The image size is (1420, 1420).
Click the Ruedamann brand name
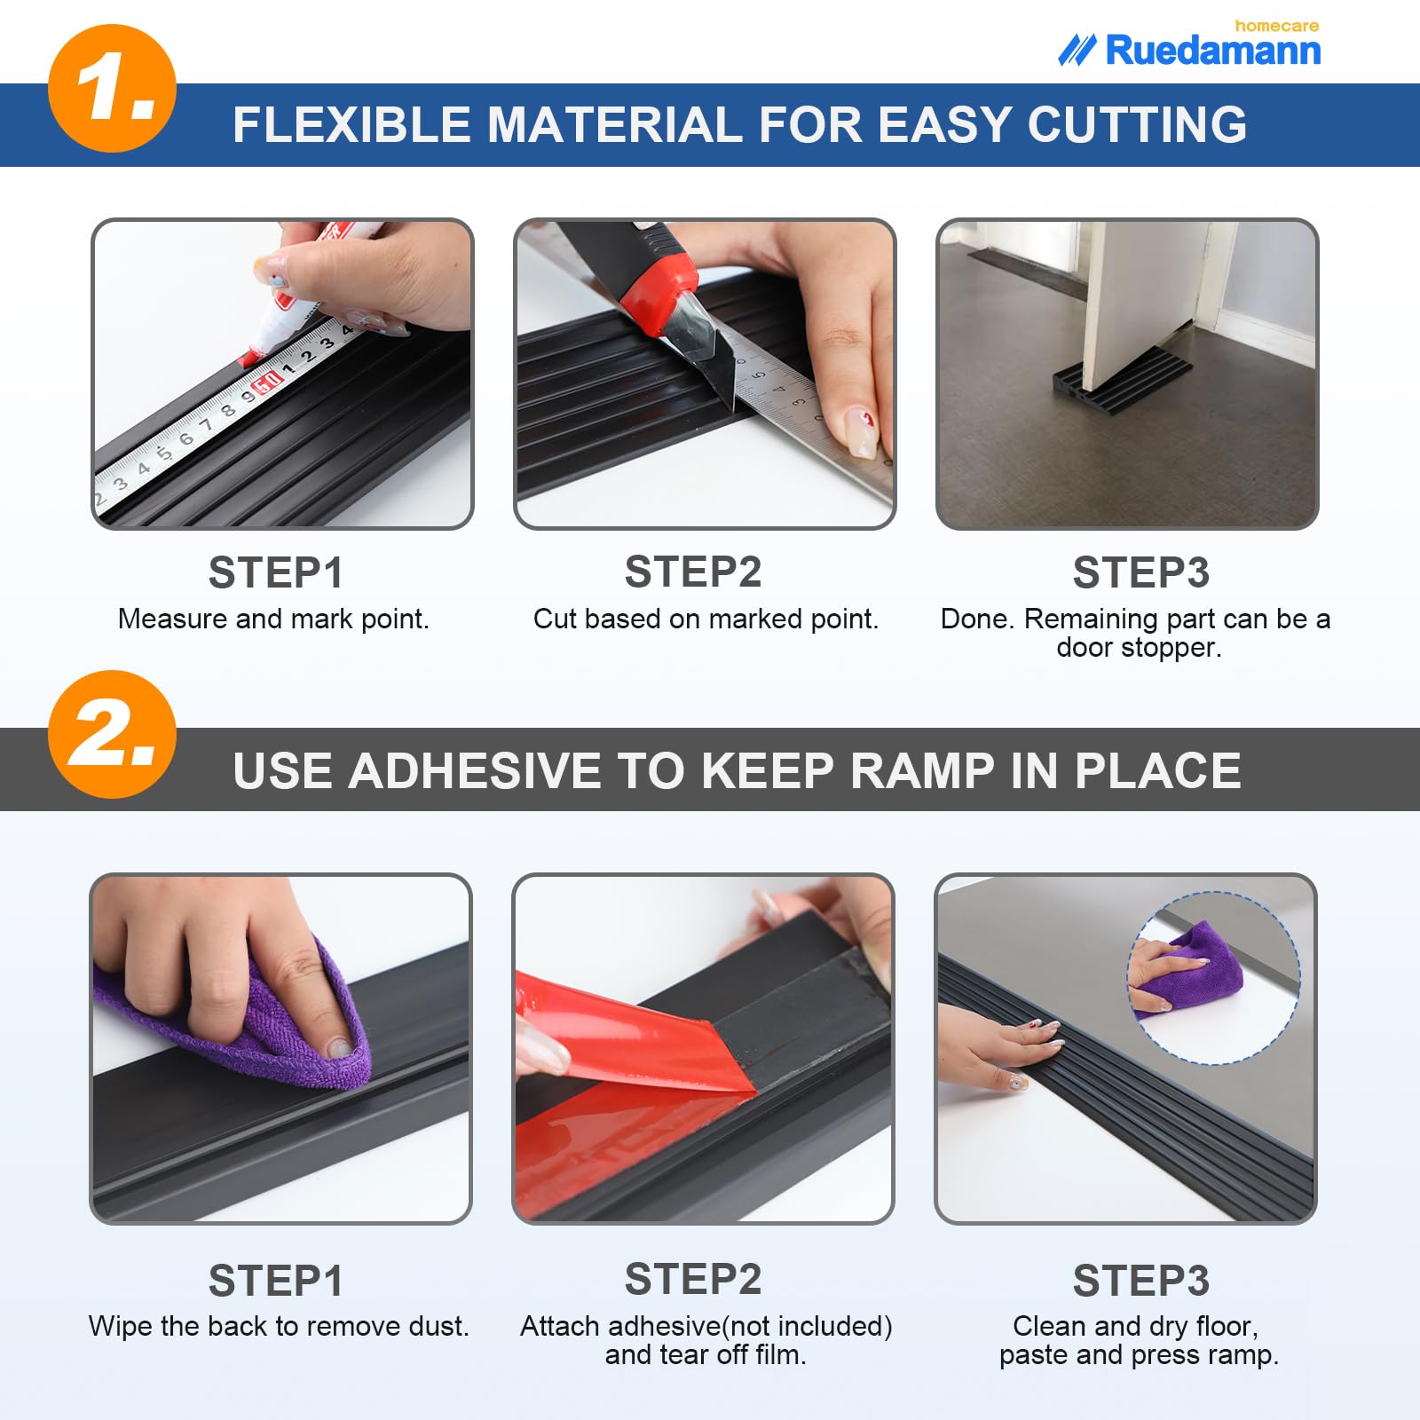pyautogui.click(x=1212, y=51)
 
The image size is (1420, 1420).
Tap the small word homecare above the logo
pyautogui.click(x=1275, y=26)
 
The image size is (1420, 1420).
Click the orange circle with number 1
pyautogui.click(x=112, y=89)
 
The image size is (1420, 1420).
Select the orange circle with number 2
pyautogui.click(x=112, y=734)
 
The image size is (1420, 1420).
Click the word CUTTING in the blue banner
pyautogui.click(x=1137, y=124)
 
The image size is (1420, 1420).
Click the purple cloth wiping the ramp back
pyautogui.click(x=266, y=1029)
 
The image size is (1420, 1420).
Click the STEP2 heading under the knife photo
pyautogui.click(x=692, y=572)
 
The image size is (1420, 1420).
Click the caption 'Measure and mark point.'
pyautogui.click(x=273, y=619)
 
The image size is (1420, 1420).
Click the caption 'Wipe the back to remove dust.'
pyautogui.click(x=279, y=1326)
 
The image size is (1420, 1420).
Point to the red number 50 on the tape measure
pyautogui.click(x=266, y=384)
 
